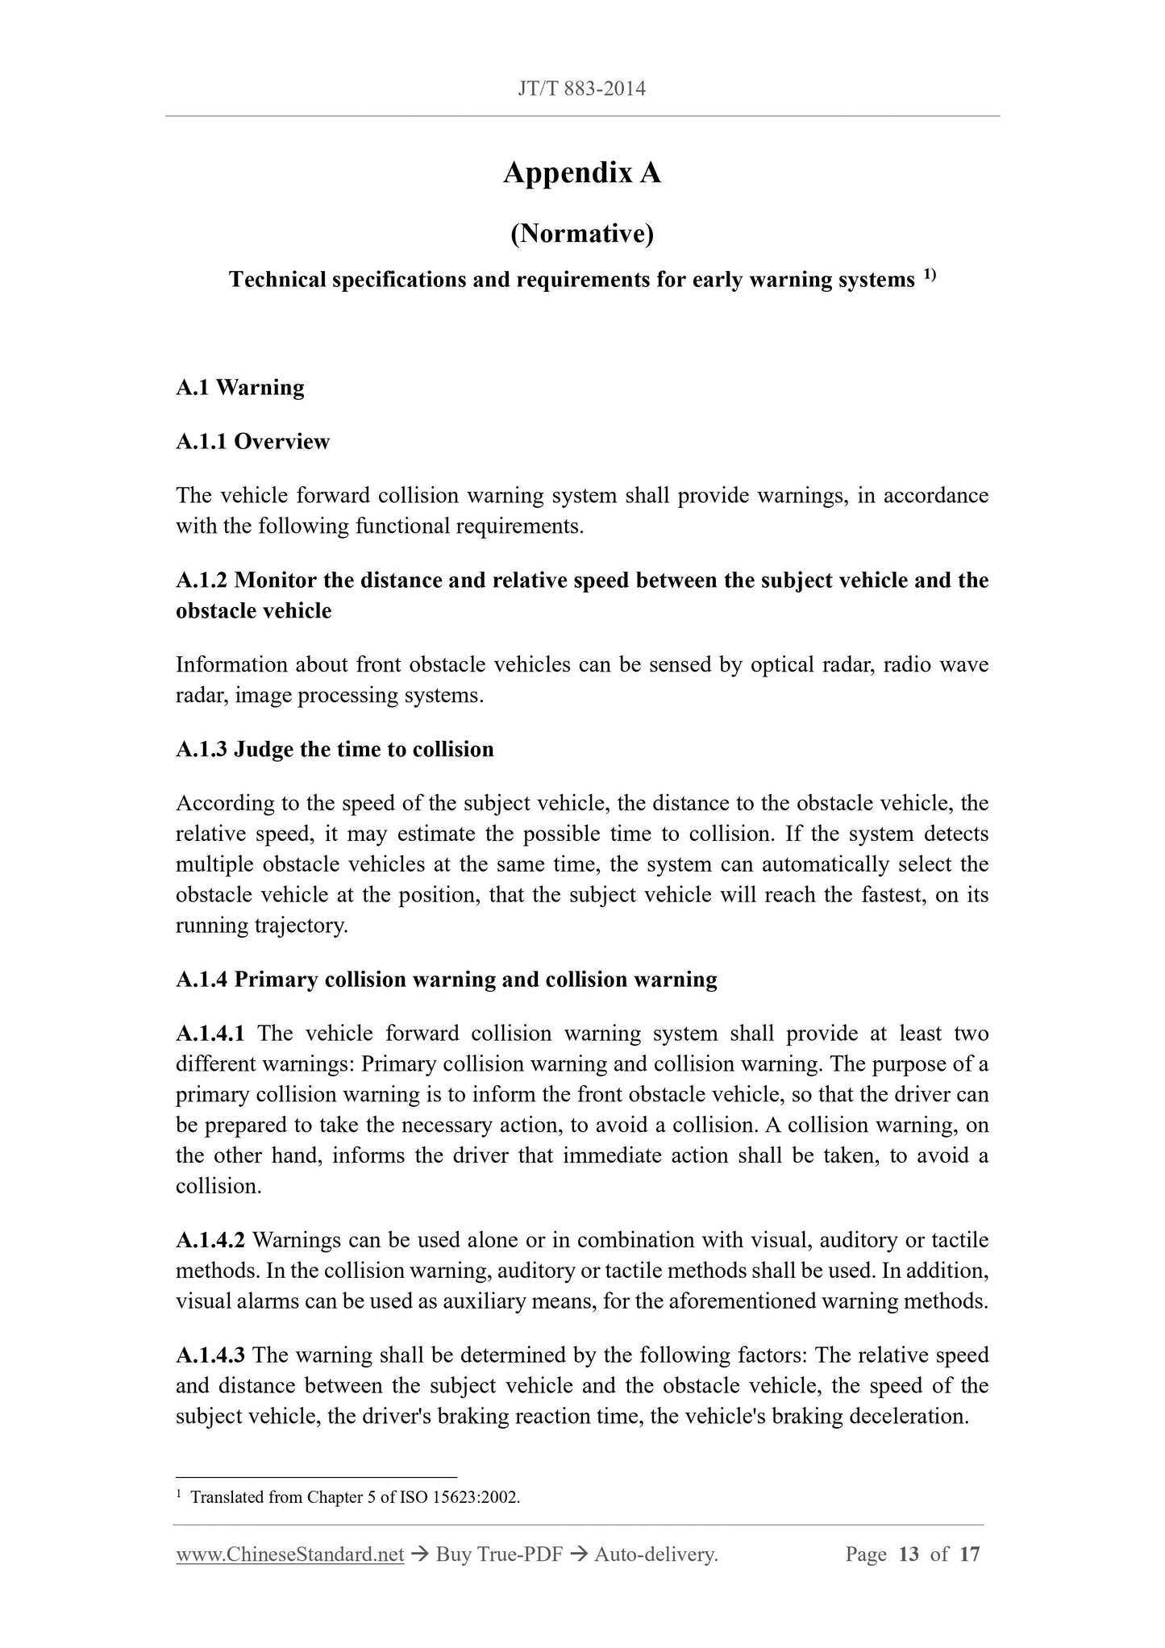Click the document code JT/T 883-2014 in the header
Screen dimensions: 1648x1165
click(581, 89)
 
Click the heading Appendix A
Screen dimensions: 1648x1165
click(581, 173)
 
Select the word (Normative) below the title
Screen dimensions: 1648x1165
click(581, 234)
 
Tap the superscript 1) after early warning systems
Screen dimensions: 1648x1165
click(929, 276)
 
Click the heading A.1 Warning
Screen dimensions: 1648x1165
click(239, 388)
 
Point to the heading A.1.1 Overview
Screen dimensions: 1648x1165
click(252, 442)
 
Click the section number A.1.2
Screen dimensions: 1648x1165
click(202, 581)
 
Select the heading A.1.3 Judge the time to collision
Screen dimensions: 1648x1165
click(335, 750)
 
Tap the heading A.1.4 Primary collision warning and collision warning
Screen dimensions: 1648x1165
click(446, 980)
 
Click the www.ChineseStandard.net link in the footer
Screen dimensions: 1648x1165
click(289, 1554)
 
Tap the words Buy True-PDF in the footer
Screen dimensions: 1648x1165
click(498, 1554)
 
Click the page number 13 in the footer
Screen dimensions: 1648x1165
click(908, 1554)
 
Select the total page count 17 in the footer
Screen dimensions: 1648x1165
click(969, 1554)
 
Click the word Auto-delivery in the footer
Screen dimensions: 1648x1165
click(654, 1554)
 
